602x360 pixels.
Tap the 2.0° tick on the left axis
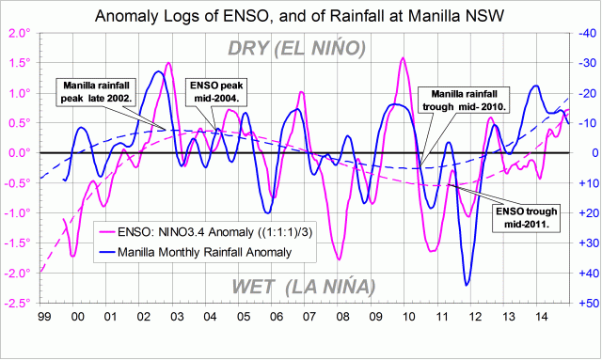tap(18, 33)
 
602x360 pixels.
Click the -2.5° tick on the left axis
tap(17, 304)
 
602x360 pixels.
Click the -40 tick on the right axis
tap(585, 33)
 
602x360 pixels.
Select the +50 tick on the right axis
tap(585, 304)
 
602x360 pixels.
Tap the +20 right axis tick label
tap(585, 213)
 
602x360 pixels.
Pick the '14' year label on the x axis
tap(547, 318)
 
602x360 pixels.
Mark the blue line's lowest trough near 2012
tap(467, 284)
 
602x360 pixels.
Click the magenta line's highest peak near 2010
tap(403, 58)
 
